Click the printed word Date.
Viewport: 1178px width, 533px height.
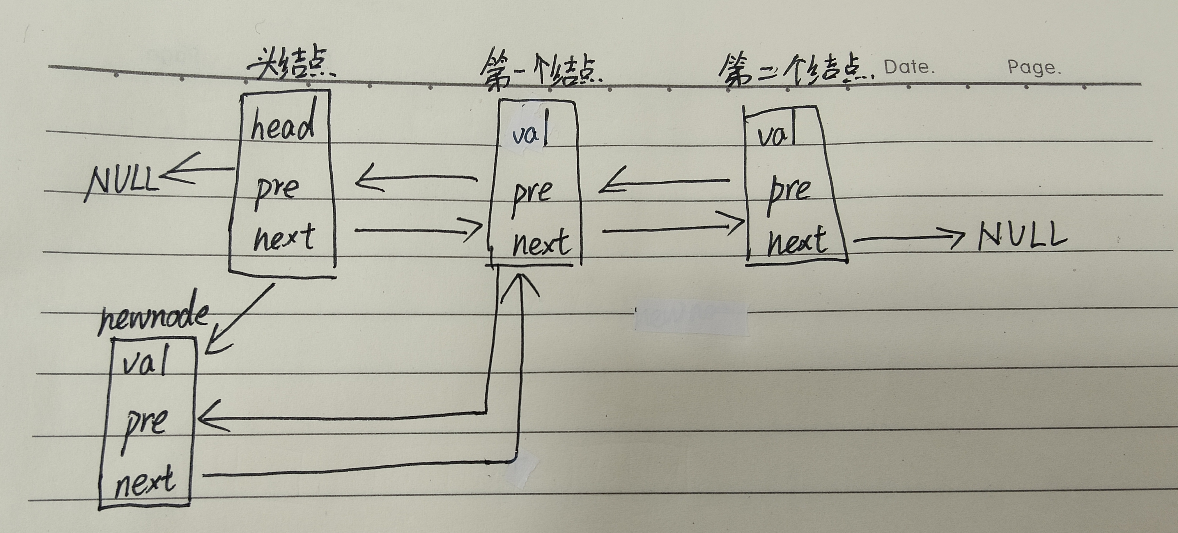(x=909, y=68)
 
